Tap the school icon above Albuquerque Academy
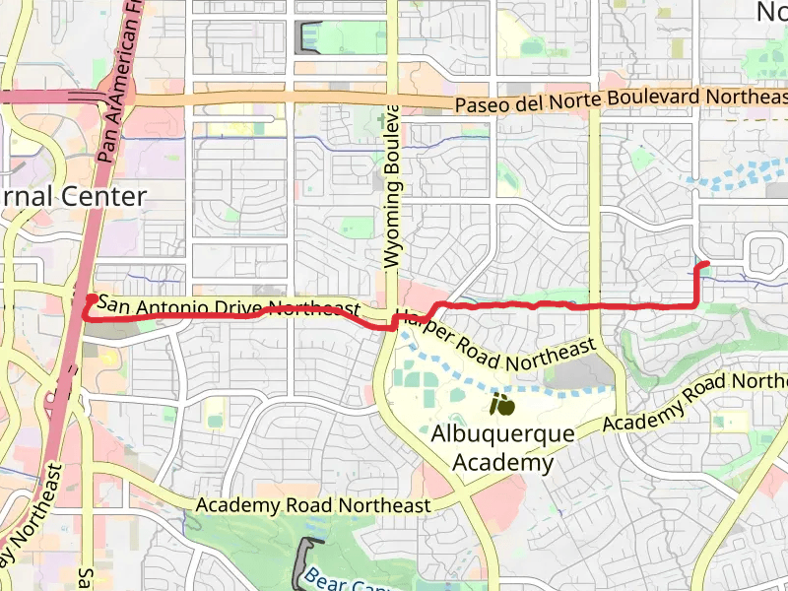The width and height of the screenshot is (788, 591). click(502, 405)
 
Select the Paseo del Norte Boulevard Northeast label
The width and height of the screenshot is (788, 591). click(621, 99)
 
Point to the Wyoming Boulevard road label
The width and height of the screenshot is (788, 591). click(393, 187)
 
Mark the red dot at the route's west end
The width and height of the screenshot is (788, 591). click(91, 298)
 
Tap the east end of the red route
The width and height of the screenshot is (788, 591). click(705, 263)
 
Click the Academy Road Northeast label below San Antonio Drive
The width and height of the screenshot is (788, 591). click(313, 505)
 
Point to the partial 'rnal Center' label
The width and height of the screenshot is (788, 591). click(74, 196)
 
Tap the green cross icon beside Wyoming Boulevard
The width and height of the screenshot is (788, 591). click(382, 119)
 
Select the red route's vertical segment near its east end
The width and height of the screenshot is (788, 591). click(699, 286)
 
